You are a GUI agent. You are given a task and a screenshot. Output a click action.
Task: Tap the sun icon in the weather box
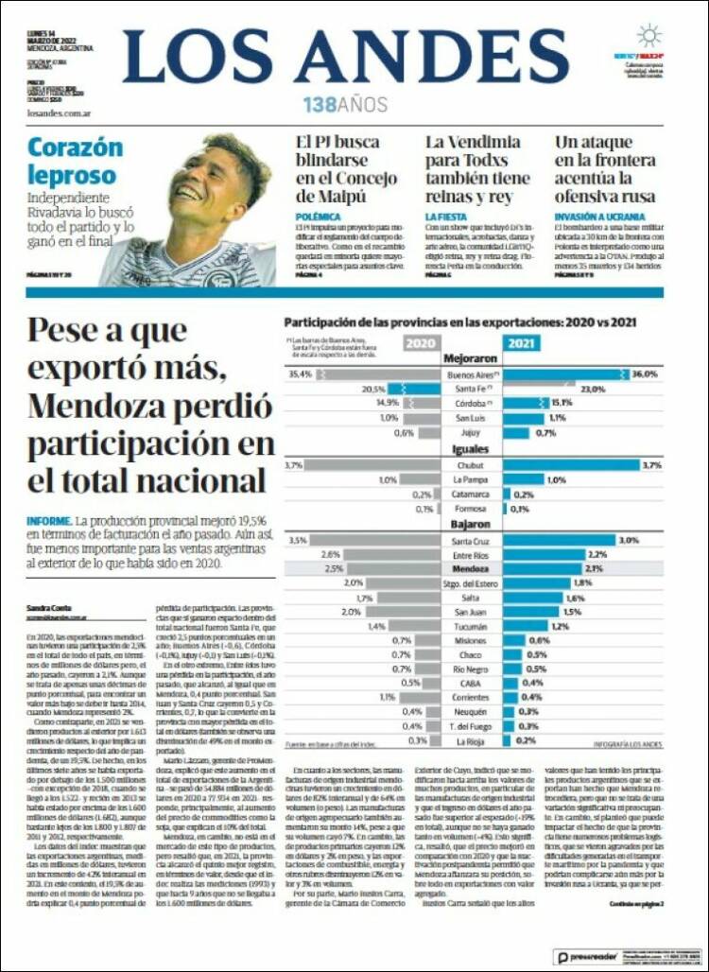648,36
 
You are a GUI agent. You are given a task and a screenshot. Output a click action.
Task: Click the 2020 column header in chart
421,343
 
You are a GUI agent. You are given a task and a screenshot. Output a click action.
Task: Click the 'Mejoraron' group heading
470,359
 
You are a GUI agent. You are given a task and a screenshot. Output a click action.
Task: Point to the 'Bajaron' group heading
470,523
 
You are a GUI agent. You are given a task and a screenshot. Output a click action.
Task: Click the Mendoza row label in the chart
470,569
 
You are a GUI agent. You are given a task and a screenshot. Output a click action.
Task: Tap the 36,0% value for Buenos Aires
644,374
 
